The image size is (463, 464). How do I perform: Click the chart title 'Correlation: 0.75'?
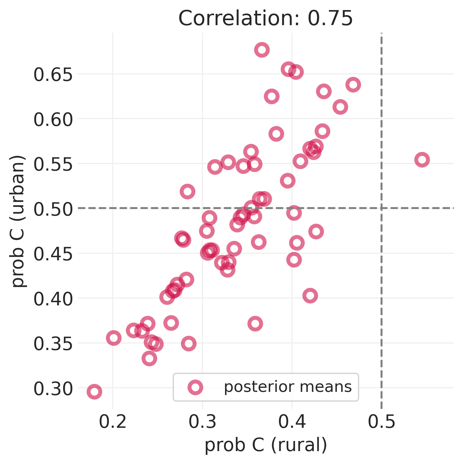pos(265,18)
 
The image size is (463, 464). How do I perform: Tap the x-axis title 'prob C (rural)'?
pos(266,445)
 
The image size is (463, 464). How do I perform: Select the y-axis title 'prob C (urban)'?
pos(18,221)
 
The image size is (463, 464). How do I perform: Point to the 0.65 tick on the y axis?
pos(53,75)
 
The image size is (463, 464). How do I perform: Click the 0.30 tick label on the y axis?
pos(53,389)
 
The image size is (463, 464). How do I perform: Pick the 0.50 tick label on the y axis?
pos(53,209)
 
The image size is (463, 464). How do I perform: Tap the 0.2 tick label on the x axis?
pos(113,422)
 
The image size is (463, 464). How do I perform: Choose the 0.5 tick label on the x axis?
pos(381,422)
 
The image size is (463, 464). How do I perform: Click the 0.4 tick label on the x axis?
pos(292,422)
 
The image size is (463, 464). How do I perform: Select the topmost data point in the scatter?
pos(262,50)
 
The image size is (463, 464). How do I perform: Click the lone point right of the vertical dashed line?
pos(422,160)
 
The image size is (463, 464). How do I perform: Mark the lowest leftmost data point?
pos(94,392)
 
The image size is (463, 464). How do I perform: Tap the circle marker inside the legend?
pos(195,387)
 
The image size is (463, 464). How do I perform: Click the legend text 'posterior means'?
pos(287,387)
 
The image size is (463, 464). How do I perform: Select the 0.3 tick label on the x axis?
pos(202,422)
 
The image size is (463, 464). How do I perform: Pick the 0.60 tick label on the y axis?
pos(53,120)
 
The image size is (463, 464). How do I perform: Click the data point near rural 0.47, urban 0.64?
pos(353,85)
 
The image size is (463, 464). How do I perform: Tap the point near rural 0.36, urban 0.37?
pos(255,324)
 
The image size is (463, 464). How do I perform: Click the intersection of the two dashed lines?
pos(381,208)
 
